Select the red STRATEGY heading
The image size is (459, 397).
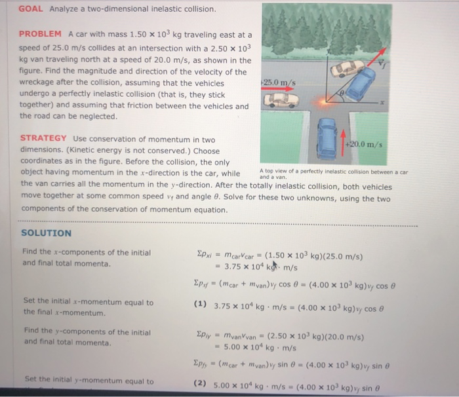pos(43,138)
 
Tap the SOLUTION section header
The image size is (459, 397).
pos(47,233)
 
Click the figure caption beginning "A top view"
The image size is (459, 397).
pos(333,174)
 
